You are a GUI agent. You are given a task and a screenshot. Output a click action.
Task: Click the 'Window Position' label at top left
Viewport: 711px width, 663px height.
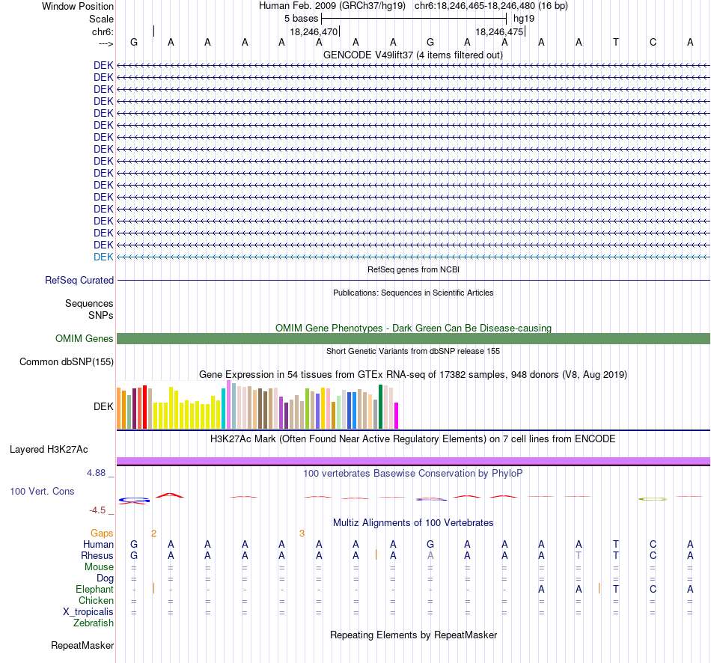pos(78,6)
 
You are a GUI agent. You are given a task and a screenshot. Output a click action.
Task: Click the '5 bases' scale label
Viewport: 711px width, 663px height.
pos(301,19)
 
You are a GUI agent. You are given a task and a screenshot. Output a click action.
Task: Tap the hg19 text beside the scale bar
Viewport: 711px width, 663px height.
pos(524,19)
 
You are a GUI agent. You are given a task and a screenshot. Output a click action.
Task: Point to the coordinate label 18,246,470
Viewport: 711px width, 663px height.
pos(314,31)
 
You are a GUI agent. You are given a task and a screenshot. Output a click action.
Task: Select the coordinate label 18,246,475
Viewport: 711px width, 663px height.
pos(499,31)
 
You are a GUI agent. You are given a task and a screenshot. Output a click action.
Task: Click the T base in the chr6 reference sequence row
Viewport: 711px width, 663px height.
pos(616,42)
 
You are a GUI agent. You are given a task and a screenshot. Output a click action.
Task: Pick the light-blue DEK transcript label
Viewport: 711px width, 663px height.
pos(103,257)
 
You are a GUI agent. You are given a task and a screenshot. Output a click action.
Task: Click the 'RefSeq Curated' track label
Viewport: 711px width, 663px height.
pos(79,281)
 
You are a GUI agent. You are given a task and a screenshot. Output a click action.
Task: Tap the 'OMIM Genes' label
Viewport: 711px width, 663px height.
pos(85,339)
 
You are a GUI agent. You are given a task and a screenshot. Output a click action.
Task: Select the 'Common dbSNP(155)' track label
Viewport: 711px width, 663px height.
pos(67,362)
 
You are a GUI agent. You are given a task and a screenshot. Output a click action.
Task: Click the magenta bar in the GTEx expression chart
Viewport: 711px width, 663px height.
pos(397,415)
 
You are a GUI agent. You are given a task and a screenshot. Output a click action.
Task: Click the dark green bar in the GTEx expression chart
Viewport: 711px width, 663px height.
pos(381,407)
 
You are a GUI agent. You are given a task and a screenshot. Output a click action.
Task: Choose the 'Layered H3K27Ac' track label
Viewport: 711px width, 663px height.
pos(49,450)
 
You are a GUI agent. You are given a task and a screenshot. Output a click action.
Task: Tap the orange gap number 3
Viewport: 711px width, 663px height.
pos(302,534)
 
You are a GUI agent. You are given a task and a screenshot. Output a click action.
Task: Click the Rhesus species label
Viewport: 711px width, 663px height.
pos(97,556)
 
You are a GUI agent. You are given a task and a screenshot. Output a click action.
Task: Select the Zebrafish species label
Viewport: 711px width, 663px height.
pos(94,623)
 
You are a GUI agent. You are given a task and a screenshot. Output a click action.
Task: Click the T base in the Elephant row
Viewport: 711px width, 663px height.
pos(616,590)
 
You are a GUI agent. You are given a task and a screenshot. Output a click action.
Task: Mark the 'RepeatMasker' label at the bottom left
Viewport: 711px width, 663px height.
pos(82,645)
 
